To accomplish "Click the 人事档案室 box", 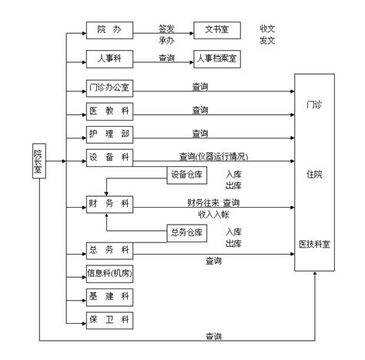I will tap(216, 57).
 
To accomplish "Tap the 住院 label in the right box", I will tap(314, 175).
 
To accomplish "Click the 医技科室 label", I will tap(314, 244).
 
